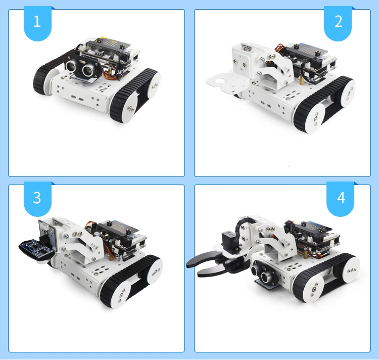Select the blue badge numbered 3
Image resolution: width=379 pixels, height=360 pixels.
36,198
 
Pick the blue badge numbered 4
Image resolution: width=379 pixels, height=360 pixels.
341,198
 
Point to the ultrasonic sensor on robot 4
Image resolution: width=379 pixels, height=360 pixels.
266,271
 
